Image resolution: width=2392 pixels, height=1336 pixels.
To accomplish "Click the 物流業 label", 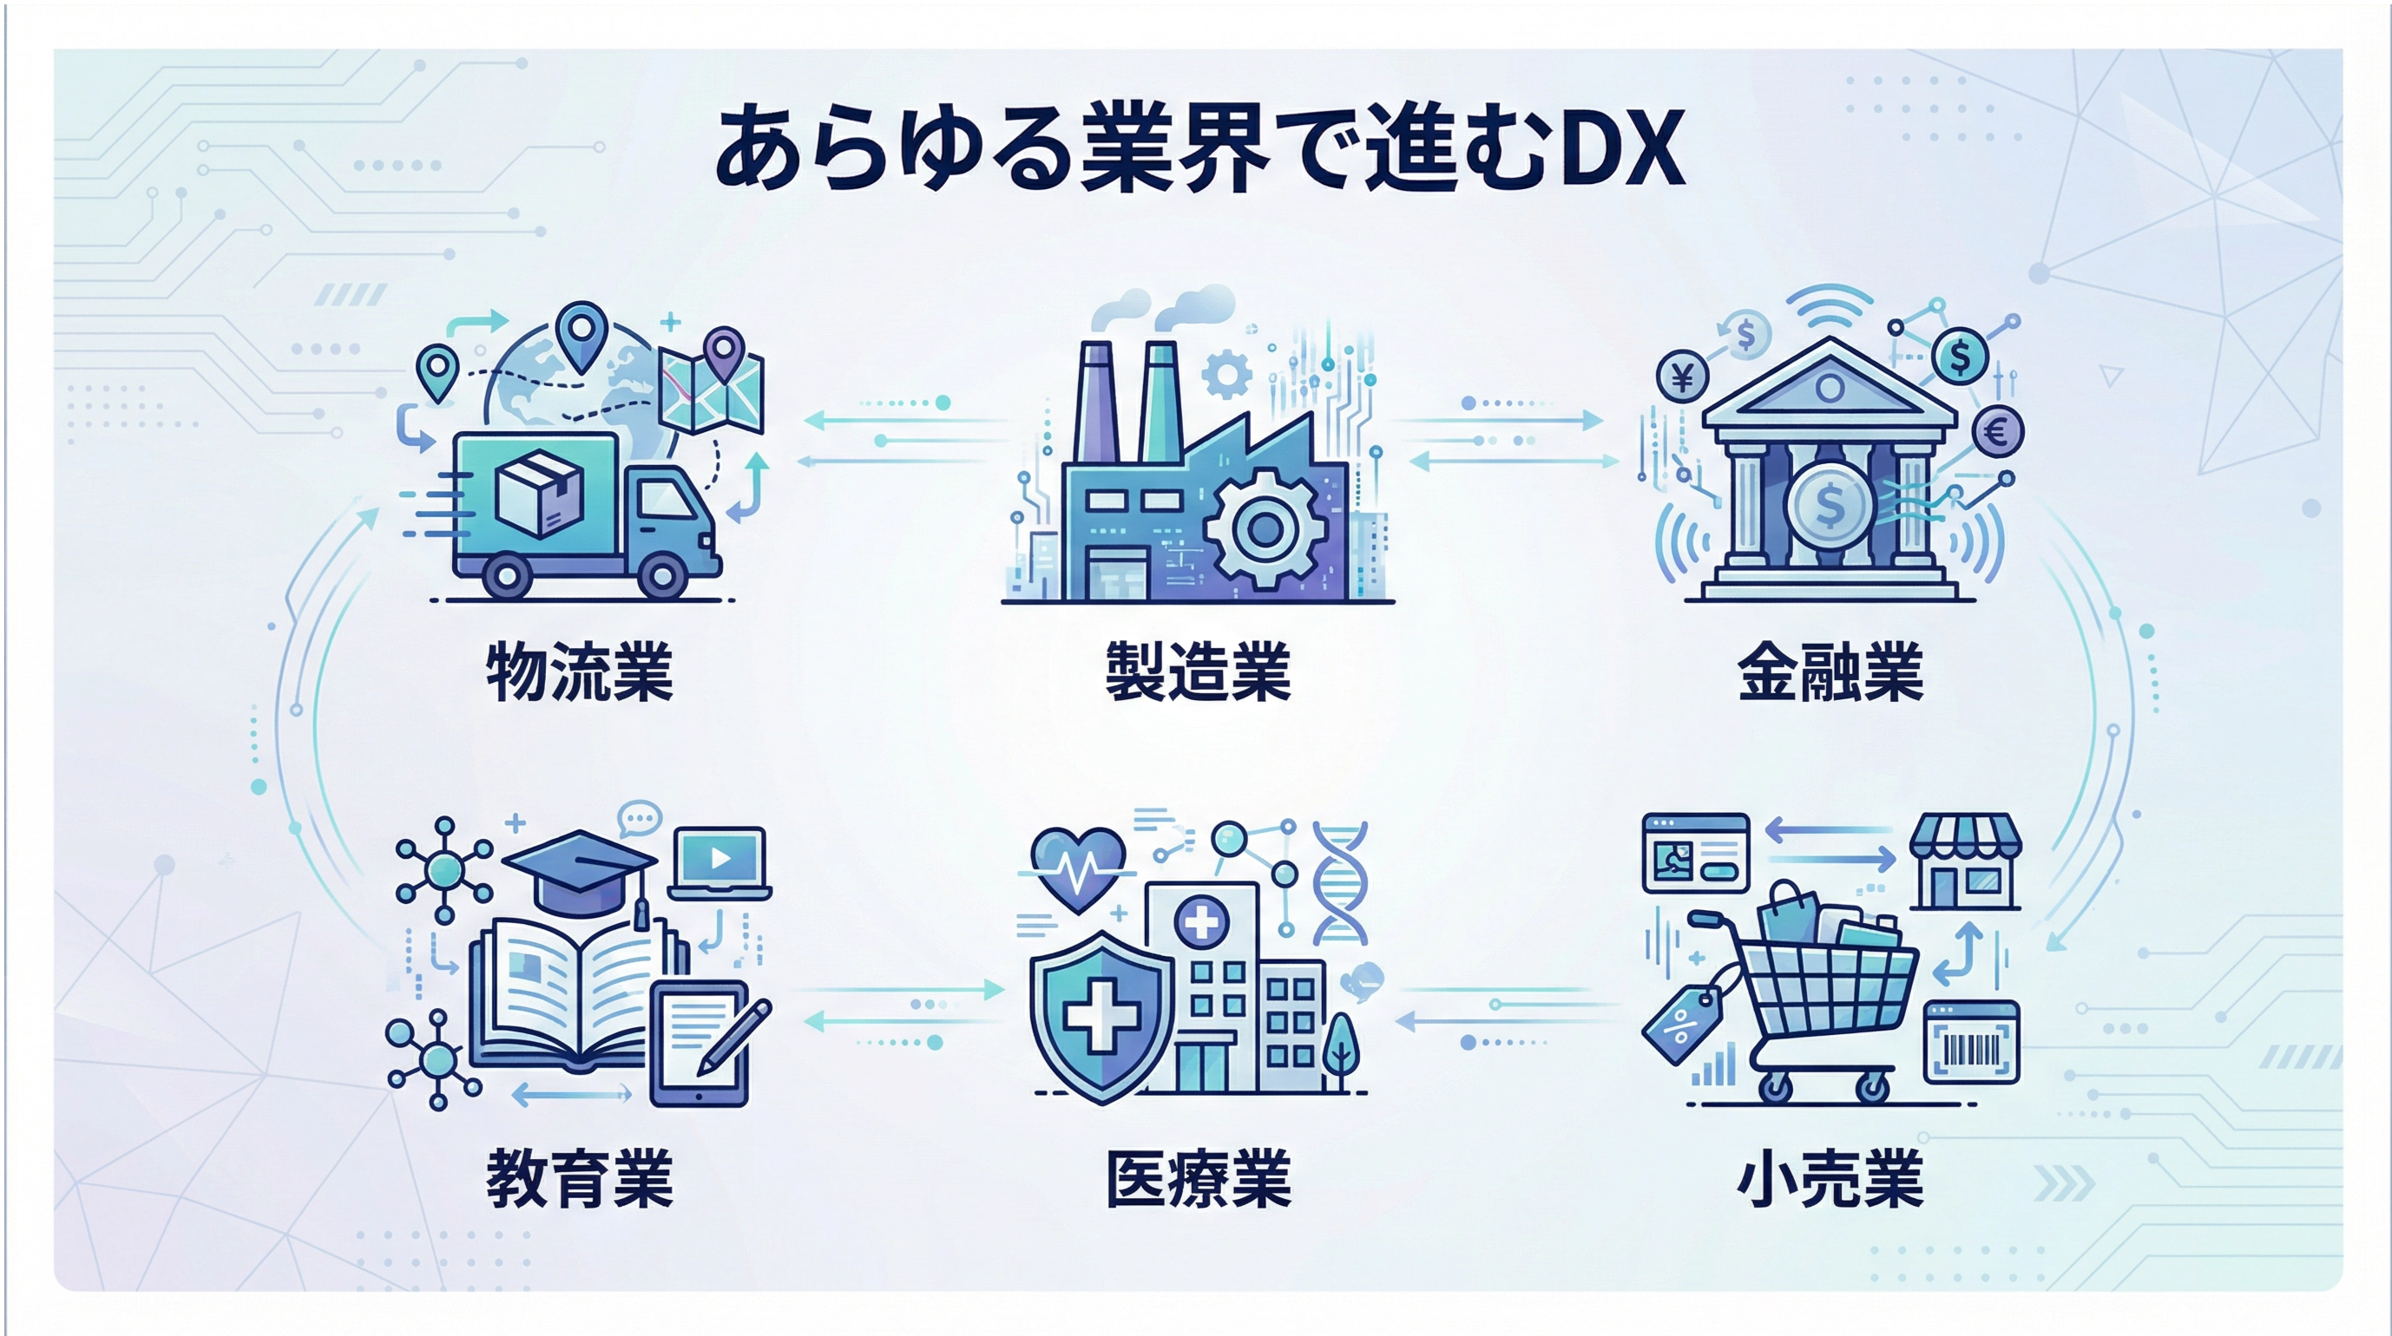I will click(580, 671).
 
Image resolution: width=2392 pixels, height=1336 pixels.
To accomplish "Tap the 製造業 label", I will click(1198, 671).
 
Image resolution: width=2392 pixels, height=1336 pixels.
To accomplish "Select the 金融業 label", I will click(1830, 671).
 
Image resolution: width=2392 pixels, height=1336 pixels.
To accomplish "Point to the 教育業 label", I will click(580, 1179).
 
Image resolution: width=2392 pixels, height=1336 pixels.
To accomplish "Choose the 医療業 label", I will click(1198, 1179).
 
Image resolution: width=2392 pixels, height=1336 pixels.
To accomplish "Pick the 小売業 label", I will click(1830, 1179).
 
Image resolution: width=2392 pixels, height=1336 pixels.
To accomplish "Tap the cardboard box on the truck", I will click(540, 493).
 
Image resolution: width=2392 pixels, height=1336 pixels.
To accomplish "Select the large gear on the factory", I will click(1264, 528).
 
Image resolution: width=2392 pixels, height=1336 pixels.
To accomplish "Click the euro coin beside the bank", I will click(1997, 432).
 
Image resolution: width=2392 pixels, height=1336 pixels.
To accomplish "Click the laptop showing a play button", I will click(720, 862).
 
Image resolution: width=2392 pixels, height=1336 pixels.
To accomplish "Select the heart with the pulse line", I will click(1078, 869).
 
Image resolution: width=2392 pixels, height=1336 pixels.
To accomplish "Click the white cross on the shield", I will click(1101, 1018).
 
